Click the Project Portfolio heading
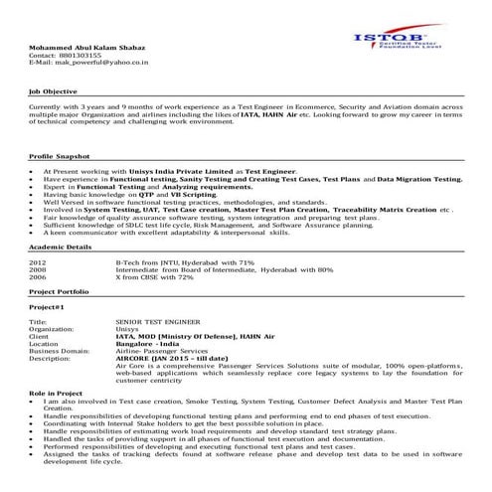coord(59,291)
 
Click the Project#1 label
coord(47,308)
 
